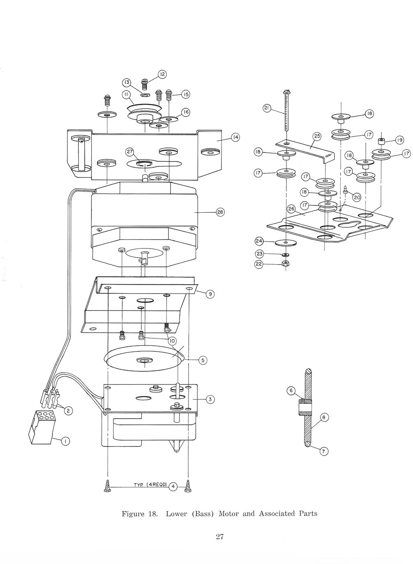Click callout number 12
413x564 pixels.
pos(162,74)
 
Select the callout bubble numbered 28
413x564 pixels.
pos(220,212)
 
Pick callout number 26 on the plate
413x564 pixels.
pos(291,209)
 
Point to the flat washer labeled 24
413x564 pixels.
pos(286,243)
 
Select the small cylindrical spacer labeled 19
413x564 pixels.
pos(382,141)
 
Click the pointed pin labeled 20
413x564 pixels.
pos(345,190)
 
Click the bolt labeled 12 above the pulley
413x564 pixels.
pos(144,84)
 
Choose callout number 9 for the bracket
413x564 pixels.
pos(210,294)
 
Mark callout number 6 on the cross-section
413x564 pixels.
pos(291,391)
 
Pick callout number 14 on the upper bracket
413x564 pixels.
pos(235,138)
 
